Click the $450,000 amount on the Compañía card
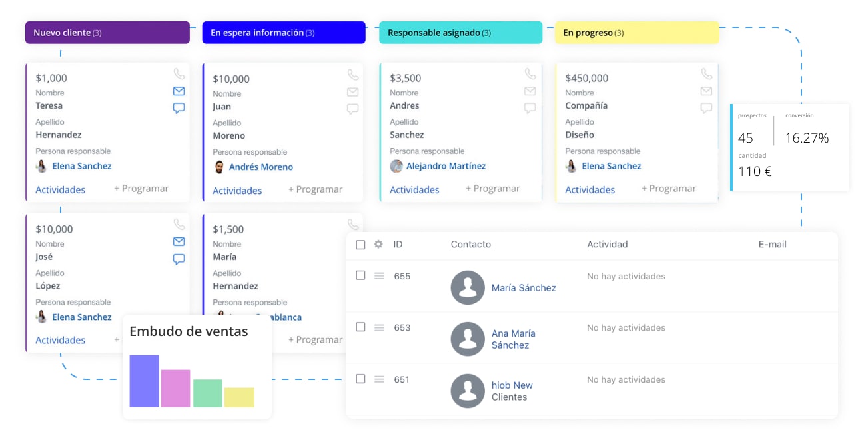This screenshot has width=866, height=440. tap(586, 78)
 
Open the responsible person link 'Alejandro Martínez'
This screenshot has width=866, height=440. tap(446, 166)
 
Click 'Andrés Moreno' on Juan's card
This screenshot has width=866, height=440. tap(260, 167)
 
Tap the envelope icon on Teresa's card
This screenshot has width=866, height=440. tap(179, 91)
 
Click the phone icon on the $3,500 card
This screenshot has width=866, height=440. tap(530, 74)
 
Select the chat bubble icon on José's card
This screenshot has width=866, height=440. tap(179, 259)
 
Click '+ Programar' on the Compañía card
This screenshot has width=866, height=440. tap(668, 189)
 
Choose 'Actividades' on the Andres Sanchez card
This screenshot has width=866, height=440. tap(414, 190)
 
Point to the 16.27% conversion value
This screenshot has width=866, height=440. tap(807, 138)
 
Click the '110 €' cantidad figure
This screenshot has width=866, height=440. tap(755, 171)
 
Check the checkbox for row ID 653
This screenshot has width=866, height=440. tap(360, 327)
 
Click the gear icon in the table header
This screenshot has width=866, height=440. tap(378, 245)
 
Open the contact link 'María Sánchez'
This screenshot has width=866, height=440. tap(524, 288)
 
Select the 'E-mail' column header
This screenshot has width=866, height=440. tap(772, 245)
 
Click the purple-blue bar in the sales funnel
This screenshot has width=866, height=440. tap(144, 381)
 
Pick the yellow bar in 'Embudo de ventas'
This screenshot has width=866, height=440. tap(239, 397)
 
